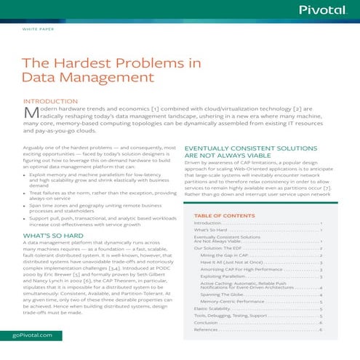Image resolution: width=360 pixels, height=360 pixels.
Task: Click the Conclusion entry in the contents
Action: tap(209, 322)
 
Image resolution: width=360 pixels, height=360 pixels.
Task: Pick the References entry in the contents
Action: tap(209, 330)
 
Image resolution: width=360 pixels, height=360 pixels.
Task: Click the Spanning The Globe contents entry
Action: tap(225, 292)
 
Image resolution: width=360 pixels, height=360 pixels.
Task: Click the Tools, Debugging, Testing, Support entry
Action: tap(233, 316)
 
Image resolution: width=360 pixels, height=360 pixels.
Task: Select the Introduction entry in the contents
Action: tap(210, 223)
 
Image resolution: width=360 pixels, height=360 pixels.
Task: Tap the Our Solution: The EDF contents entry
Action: tap(219, 248)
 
